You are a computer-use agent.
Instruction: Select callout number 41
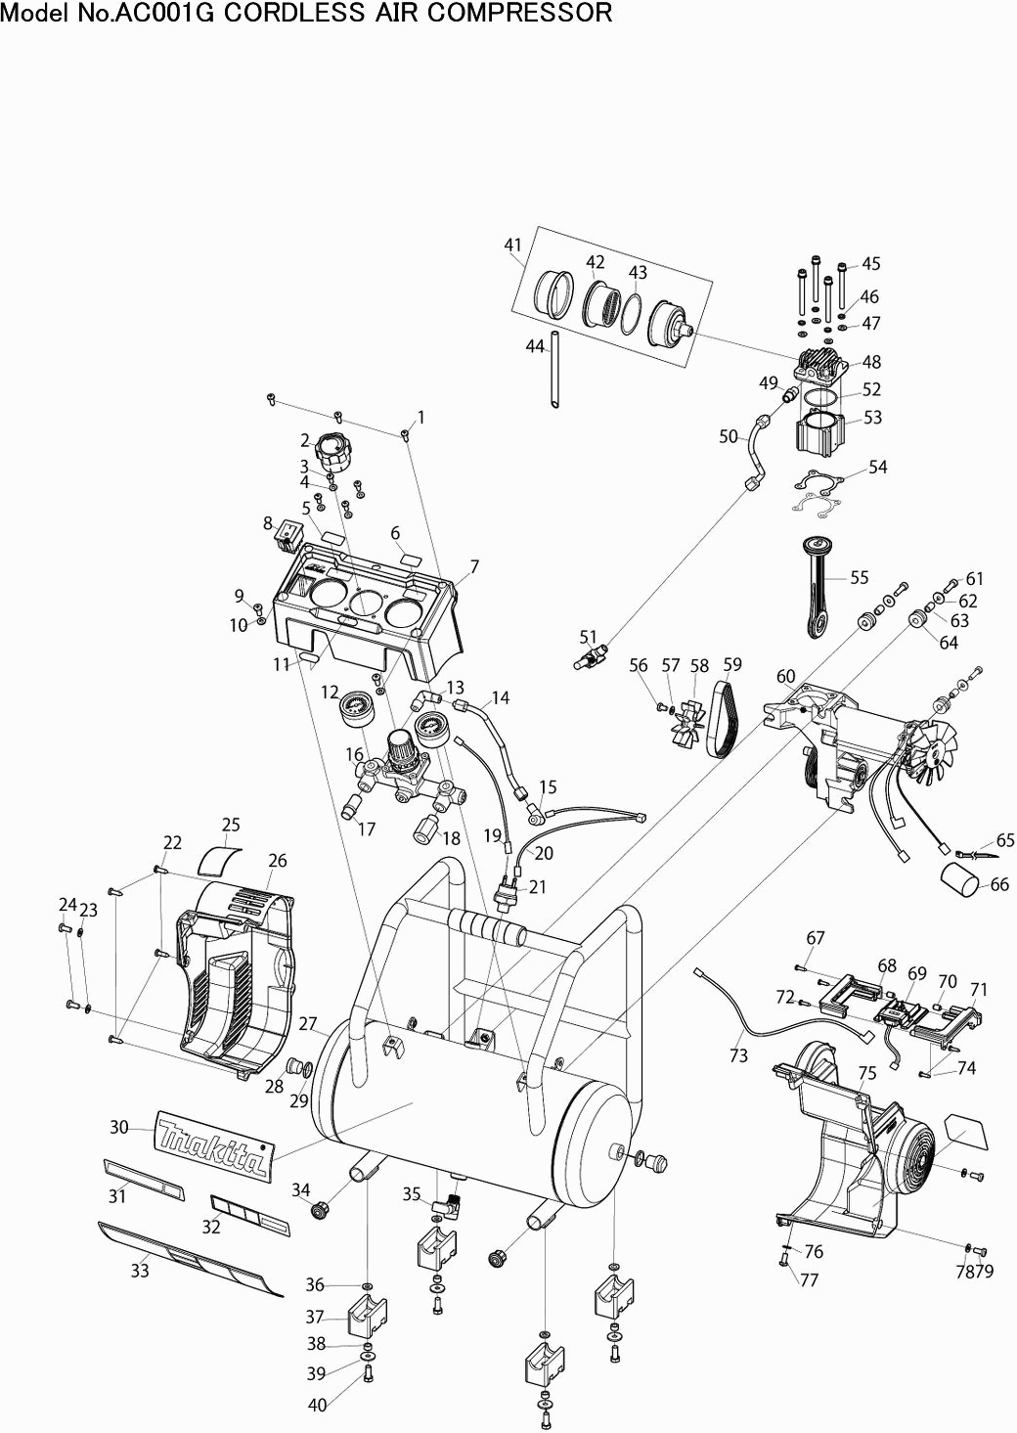point(513,245)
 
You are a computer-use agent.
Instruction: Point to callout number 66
point(999,884)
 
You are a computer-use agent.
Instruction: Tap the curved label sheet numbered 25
point(218,861)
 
